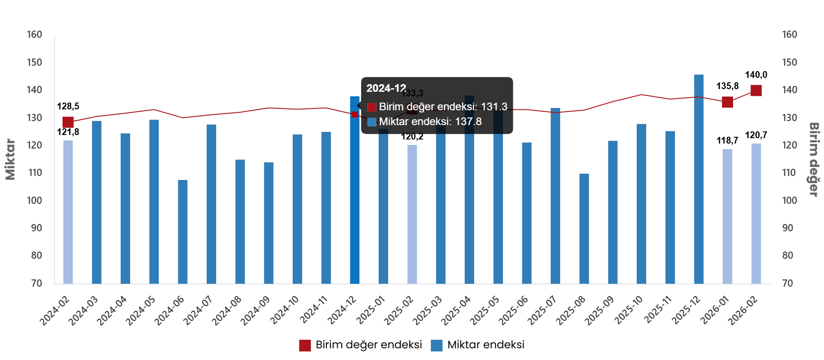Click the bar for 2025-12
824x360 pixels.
coord(698,180)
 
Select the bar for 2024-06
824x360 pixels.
coord(183,232)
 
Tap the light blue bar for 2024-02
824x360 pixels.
coord(68,211)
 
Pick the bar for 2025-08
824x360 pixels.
coord(584,229)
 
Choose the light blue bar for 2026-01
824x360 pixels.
coord(727,216)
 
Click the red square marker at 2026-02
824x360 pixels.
coord(756,90)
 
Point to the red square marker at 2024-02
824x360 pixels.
coord(68,122)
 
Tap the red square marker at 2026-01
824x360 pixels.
coord(727,102)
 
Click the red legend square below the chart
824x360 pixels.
coord(305,346)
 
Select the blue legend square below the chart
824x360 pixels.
coord(436,346)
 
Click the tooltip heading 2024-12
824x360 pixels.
coord(386,88)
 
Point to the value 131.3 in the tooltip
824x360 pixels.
coord(494,107)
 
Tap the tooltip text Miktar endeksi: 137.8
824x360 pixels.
coord(430,121)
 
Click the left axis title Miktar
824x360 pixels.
coord(10,159)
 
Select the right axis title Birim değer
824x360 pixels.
coord(814,159)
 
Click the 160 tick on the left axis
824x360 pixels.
coord(34,35)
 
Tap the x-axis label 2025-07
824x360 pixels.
coord(543,310)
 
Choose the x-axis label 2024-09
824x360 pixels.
coord(256,310)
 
